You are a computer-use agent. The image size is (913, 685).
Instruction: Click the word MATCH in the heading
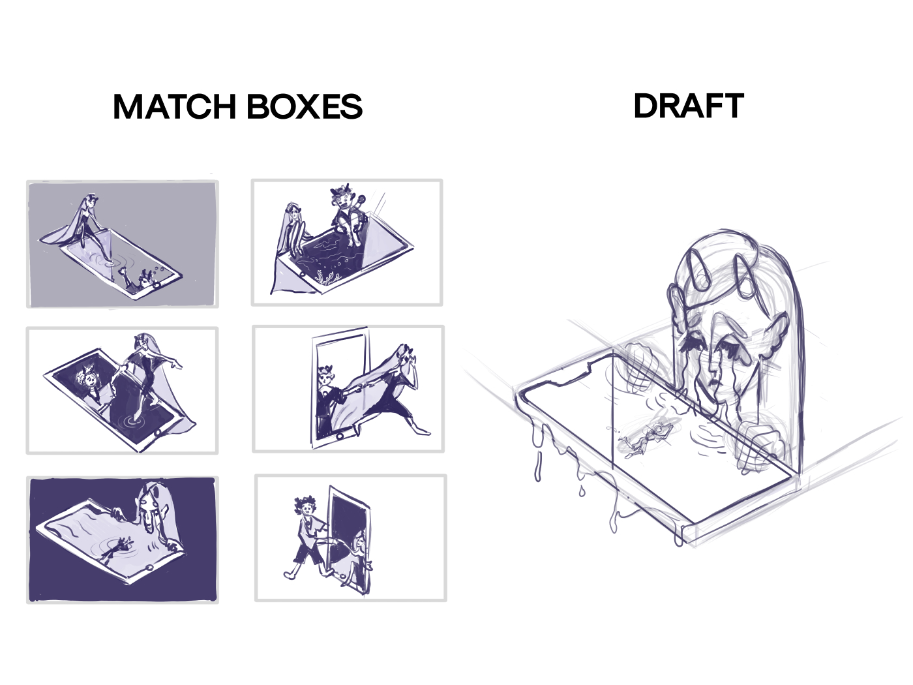(x=175, y=106)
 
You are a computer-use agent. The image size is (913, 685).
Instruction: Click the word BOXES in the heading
(x=305, y=106)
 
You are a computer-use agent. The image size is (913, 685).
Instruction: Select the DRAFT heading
(x=689, y=106)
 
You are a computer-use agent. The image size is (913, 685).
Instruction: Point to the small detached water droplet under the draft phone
(x=582, y=491)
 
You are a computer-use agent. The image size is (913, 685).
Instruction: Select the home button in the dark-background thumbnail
(x=149, y=568)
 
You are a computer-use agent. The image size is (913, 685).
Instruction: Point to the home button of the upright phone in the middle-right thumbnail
(x=340, y=436)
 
